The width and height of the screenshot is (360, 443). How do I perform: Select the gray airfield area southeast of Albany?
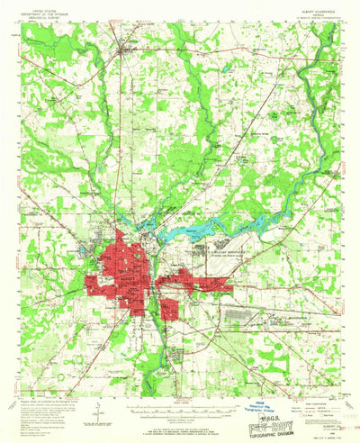pos(261,315)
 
